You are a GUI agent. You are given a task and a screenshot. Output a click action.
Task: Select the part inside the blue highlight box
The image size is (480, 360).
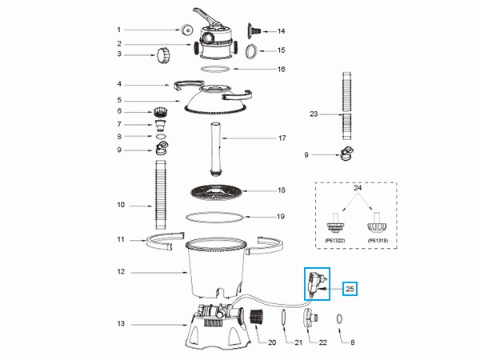[x=316, y=284]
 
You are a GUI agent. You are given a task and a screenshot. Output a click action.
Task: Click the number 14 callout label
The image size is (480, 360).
[x=281, y=31]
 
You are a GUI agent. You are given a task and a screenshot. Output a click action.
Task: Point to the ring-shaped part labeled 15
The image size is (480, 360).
[x=250, y=52]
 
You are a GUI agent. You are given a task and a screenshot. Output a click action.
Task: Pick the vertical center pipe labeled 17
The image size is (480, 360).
[x=214, y=150]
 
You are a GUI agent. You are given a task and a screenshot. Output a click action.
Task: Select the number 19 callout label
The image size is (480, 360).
[x=281, y=216]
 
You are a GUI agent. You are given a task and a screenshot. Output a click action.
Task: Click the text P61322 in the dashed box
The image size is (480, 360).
[x=335, y=238]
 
